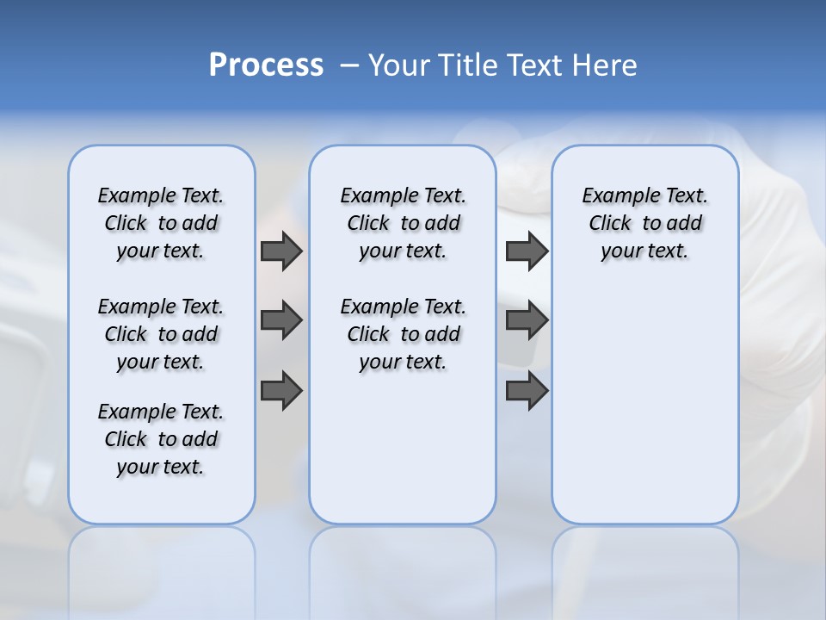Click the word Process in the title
click(266, 65)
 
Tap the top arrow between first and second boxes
click(281, 251)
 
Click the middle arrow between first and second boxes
click(281, 320)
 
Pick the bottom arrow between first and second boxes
click(281, 391)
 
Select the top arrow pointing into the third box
click(527, 251)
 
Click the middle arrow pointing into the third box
click(527, 320)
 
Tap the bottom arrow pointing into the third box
click(527, 391)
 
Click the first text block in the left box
click(161, 223)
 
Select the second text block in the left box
click(161, 334)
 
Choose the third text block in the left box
click(161, 439)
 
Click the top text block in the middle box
click(403, 223)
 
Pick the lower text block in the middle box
click(403, 334)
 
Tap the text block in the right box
click(644, 223)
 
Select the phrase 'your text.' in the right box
click(644, 251)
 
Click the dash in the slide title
click(349, 65)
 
